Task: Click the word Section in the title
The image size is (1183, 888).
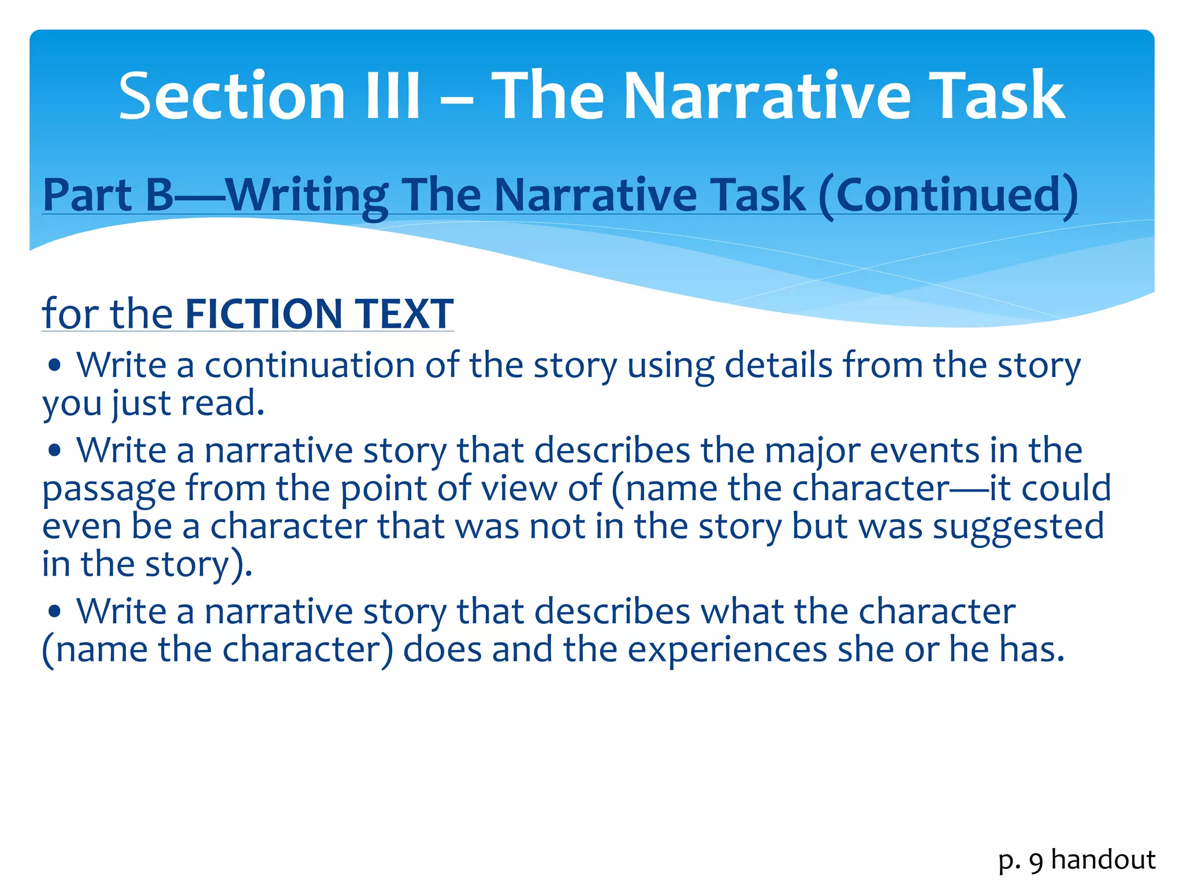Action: click(232, 95)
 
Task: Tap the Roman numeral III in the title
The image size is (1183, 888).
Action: click(392, 95)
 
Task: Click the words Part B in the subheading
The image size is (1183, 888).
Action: click(108, 195)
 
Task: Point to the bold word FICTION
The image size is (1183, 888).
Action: click(264, 314)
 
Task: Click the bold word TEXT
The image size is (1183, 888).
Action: click(404, 314)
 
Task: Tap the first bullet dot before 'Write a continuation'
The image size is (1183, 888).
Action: click(55, 365)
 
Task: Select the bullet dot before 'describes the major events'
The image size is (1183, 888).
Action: click(55, 450)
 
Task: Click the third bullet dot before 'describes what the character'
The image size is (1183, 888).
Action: click(55, 611)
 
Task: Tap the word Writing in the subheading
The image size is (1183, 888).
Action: click(306, 195)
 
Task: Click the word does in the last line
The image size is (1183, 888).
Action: click(442, 649)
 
